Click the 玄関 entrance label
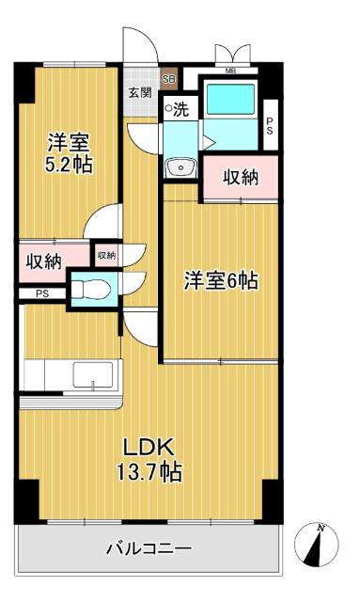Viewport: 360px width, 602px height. pyautogui.click(x=139, y=92)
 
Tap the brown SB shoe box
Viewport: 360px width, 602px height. pyautogui.click(x=168, y=80)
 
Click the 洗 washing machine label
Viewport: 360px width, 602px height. pyautogui.click(x=177, y=109)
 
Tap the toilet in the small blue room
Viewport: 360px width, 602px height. pyautogui.click(x=89, y=288)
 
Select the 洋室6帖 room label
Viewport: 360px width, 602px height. pyautogui.click(x=220, y=279)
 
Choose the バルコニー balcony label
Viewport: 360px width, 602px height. pyautogui.click(x=148, y=547)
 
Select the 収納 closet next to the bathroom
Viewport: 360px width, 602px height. pyautogui.click(x=242, y=177)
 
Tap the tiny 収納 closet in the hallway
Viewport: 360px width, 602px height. pyautogui.click(x=105, y=254)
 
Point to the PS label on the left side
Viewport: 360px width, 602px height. pyautogui.click(x=41, y=293)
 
